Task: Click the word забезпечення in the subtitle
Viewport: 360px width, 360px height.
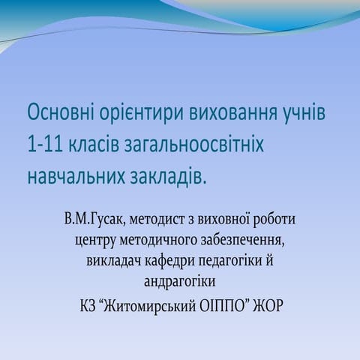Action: pyautogui.click(x=241, y=241)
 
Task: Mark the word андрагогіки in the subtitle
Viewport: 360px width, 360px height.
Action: pyautogui.click(x=180, y=281)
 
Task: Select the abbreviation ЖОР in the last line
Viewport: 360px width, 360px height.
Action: pyautogui.click(x=268, y=308)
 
